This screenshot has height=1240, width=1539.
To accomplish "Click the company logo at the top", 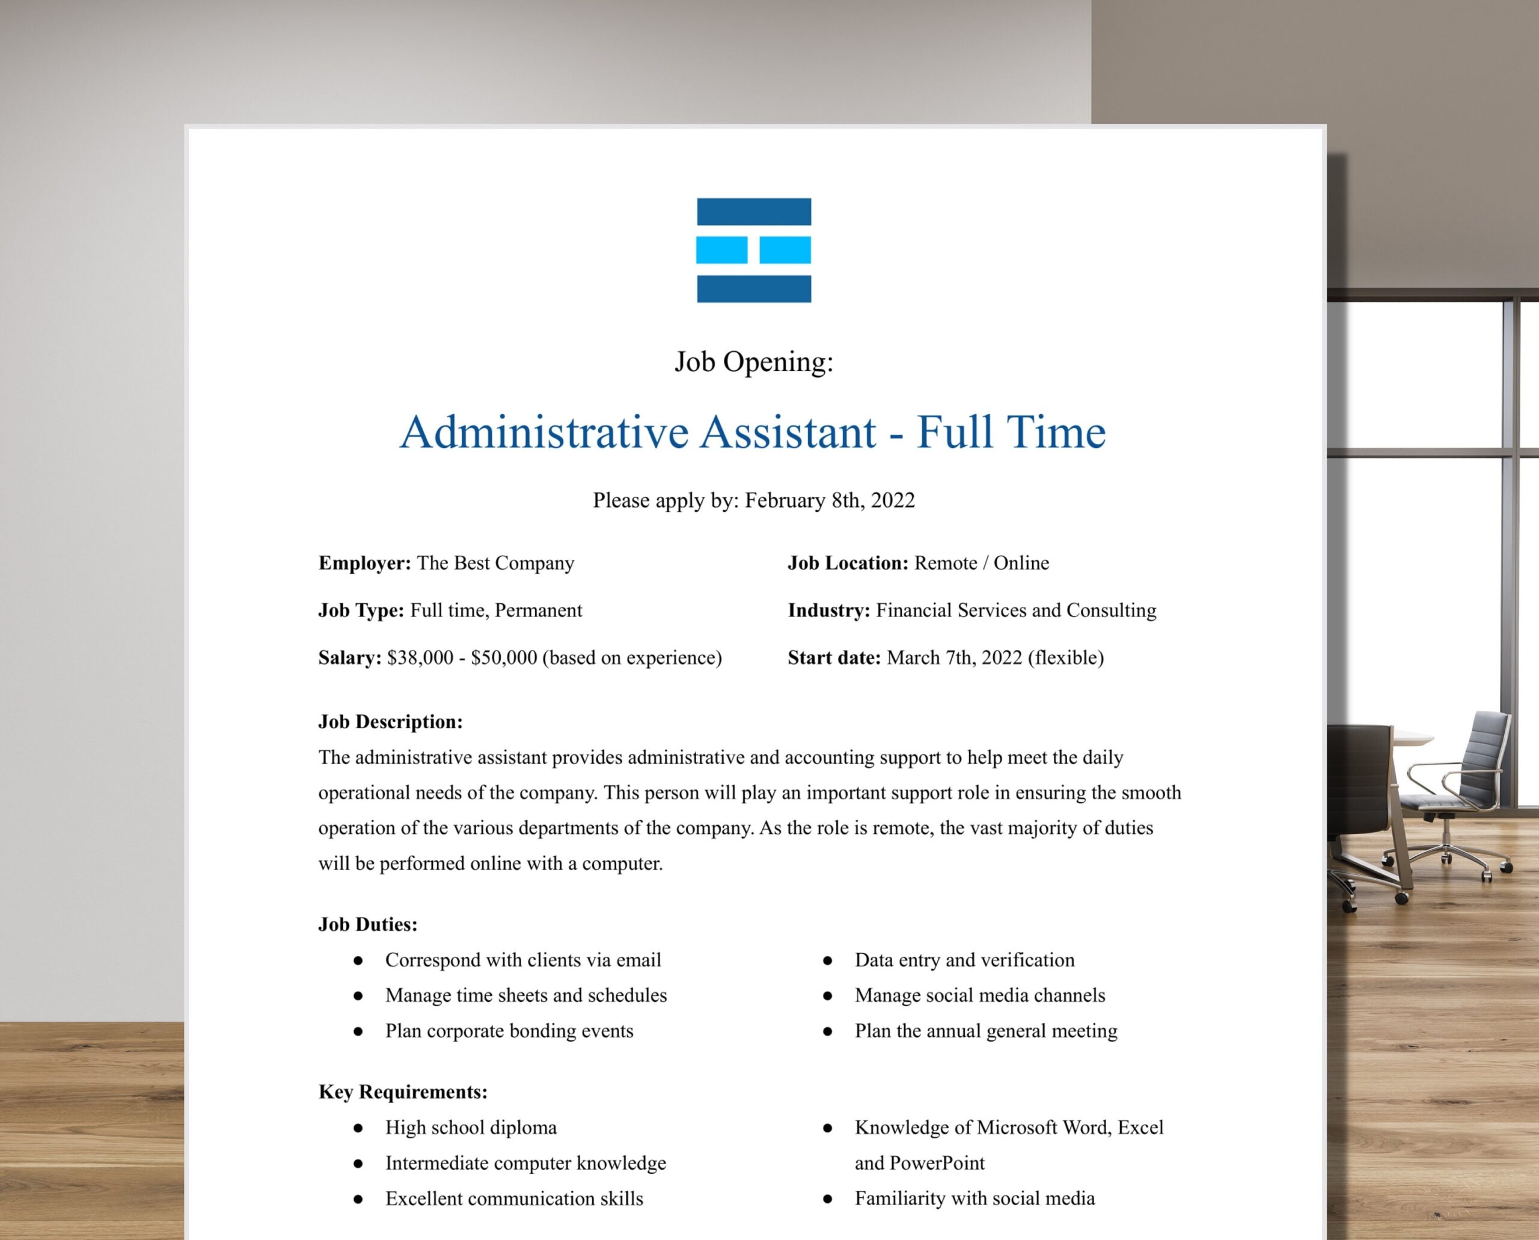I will click(x=753, y=250).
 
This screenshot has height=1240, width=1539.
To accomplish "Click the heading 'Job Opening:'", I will click(x=753, y=361).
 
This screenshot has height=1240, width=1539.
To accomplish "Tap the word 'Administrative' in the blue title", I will click(x=544, y=432).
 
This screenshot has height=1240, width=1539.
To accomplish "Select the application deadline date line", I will click(x=753, y=500).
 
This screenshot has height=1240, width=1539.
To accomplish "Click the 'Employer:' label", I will click(x=364, y=563).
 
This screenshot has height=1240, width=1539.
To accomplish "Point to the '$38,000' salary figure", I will click(x=420, y=657).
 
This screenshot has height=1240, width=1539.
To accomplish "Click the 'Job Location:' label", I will click(x=848, y=563).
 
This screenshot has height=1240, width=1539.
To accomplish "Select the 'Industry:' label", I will click(x=828, y=610).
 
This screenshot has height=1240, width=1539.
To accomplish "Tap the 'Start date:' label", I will click(x=834, y=657).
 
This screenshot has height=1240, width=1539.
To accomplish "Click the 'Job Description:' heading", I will click(x=390, y=722).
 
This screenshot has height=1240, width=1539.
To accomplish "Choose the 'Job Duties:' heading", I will click(x=368, y=924).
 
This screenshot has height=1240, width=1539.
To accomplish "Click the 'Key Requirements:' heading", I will click(x=403, y=1091).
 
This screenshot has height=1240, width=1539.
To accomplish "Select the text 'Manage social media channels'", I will click(x=980, y=995).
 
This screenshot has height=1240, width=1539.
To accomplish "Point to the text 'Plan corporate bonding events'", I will click(x=509, y=1031).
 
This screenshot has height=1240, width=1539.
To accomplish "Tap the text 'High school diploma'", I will click(x=471, y=1127).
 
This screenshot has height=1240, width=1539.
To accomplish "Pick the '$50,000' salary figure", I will click(x=503, y=657).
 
